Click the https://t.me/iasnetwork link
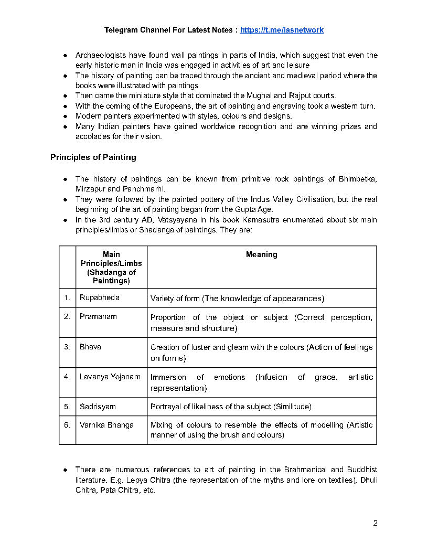click(282, 30)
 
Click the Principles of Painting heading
click(93, 157)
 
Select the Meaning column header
click(261, 254)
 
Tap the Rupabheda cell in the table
click(100, 297)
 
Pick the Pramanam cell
click(98, 316)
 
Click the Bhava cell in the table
click(90, 347)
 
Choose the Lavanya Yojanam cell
click(110, 377)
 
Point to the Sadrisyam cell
click(98, 407)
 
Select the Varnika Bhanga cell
click(106, 425)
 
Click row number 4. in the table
click(67, 377)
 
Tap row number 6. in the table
click(67, 425)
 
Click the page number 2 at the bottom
click(375, 523)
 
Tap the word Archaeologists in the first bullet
click(100, 55)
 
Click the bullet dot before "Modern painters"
click(65, 116)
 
